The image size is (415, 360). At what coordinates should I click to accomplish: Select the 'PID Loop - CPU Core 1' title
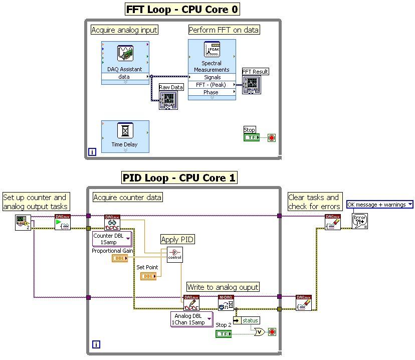click(179, 177)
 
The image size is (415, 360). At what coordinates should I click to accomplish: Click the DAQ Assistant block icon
click(125, 53)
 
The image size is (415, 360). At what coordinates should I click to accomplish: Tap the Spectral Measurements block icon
click(212, 50)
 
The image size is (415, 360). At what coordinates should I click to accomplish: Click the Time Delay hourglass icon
click(125, 131)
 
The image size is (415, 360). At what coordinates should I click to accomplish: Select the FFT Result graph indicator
click(252, 85)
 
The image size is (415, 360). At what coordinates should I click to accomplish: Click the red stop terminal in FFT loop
click(272, 137)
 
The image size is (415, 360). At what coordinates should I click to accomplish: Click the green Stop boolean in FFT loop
click(251, 137)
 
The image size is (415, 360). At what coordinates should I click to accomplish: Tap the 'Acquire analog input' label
click(124, 30)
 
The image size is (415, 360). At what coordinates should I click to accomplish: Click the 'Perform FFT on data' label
click(224, 30)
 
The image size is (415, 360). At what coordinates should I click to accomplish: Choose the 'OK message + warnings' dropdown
click(379, 205)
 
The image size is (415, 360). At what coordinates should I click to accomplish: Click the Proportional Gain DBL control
click(119, 258)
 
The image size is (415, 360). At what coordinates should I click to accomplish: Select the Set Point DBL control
click(148, 276)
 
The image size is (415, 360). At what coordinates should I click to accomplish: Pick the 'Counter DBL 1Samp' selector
click(112, 239)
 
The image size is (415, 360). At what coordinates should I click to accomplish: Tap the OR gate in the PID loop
click(260, 332)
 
